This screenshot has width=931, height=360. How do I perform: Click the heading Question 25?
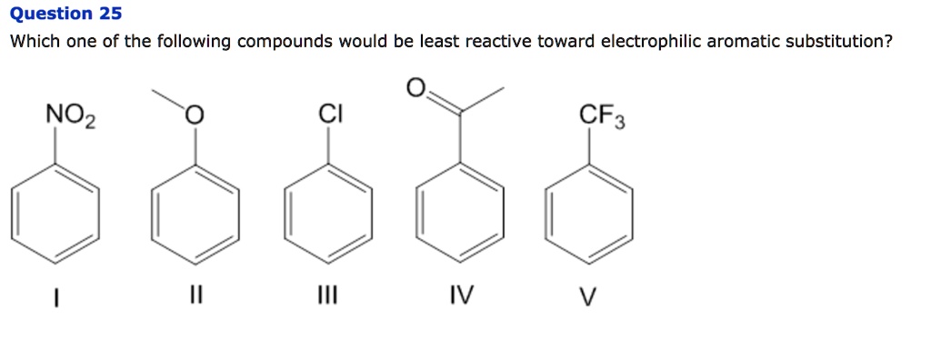pyautogui.click(x=64, y=14)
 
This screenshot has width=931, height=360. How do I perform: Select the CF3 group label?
pyautogui.click(x=602, y=116)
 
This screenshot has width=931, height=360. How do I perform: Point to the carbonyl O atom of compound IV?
pyautogui.click(x=415, y=87)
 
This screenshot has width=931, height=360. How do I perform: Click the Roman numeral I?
pyautogui.click(x=56, y=295)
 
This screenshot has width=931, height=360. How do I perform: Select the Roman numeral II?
pyautogui.click(x=195, y=295)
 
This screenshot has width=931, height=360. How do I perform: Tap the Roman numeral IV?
pyautogui.click(x=461, y=295)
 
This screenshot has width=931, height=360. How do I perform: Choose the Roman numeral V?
pyautogui.click(x=594, y=295)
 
